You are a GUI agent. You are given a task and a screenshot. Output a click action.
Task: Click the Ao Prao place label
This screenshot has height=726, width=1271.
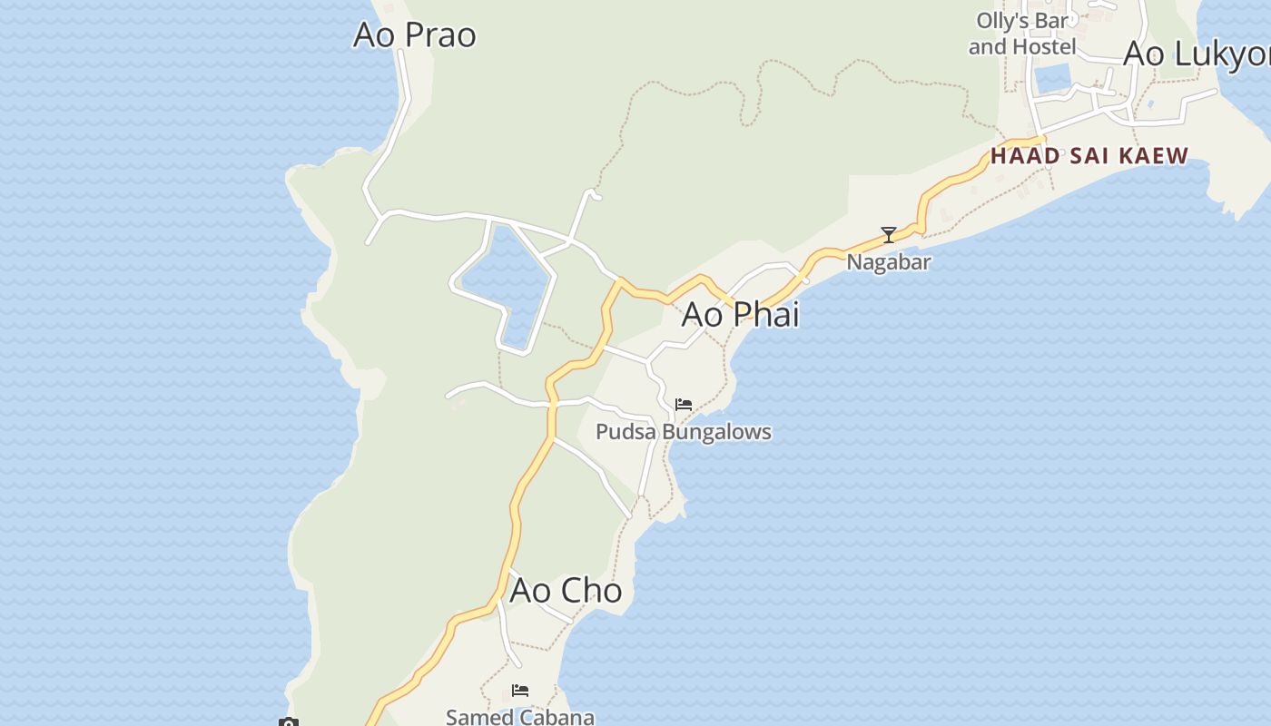pos(415,34)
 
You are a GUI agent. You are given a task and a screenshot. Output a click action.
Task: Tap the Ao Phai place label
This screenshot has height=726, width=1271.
pos(740,314)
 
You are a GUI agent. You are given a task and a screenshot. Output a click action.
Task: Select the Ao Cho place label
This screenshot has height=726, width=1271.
pos(566,590)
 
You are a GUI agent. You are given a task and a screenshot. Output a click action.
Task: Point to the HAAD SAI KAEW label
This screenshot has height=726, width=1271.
pos(1089,156)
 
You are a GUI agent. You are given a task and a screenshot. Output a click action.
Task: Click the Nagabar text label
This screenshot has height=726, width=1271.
pos(889,262)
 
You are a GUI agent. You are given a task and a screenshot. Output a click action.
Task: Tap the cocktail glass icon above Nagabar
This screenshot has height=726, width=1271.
pos(889,235)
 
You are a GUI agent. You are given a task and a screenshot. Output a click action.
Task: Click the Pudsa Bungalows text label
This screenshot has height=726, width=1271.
pos(683,432)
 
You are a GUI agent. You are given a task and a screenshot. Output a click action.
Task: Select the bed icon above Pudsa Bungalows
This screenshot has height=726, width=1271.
pos(684,404)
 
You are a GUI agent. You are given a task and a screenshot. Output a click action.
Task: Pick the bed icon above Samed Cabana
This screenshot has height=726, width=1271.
pos(520,691)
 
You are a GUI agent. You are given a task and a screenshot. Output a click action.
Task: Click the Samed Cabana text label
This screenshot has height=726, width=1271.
pos(520,717)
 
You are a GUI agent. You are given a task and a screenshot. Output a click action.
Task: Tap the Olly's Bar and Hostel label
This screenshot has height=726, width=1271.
pos(1022,34)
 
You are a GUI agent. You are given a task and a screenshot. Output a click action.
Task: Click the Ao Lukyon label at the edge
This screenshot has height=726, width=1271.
pos(1197,54)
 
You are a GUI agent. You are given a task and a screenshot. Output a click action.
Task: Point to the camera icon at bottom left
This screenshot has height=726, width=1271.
pos(288,722)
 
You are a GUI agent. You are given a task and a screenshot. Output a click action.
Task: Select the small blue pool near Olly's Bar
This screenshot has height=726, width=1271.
pos(1053,79)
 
